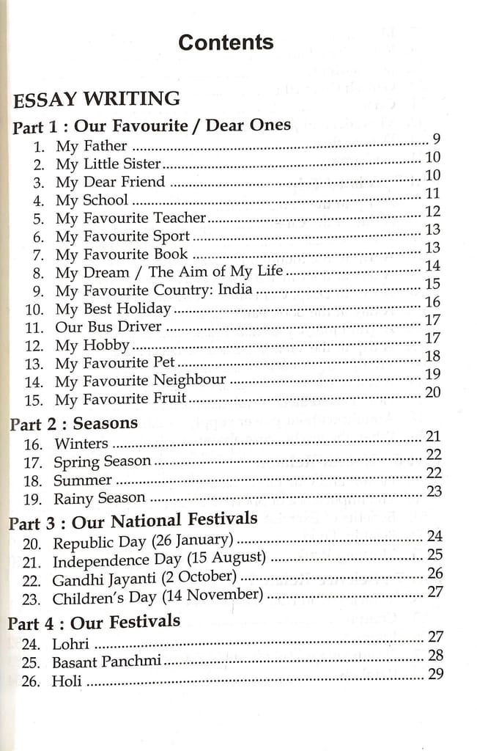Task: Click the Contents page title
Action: [226, 42]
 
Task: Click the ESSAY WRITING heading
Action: [97, 99]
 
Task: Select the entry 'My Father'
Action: [92, 146]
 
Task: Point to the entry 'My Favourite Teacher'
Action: [131, 218]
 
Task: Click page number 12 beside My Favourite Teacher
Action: [432, 212]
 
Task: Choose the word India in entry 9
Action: [235, 290]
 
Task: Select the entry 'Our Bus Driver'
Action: [108, 326]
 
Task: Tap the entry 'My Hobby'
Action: [92, 345]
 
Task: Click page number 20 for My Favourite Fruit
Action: [432, 392]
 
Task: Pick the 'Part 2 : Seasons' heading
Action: [73, 423]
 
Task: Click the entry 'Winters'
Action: [81, 444]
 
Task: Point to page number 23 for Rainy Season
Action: [434, 492]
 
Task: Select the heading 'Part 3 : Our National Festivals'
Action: [133, 521]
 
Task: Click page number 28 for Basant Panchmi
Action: [435, 656]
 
